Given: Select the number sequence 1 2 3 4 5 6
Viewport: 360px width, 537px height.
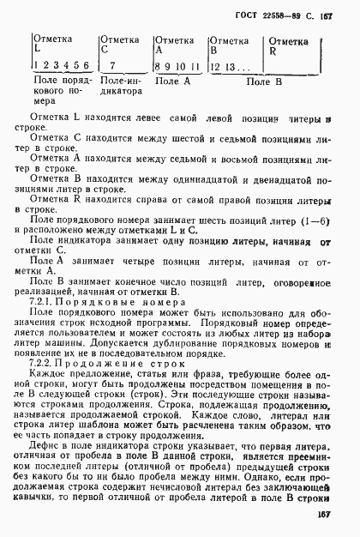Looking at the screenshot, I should click(x=59, y=65).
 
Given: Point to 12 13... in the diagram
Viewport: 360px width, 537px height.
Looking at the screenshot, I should click(x=231, y=65).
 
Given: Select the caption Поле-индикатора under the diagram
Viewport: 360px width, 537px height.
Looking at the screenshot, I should click(x=120, y=87).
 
